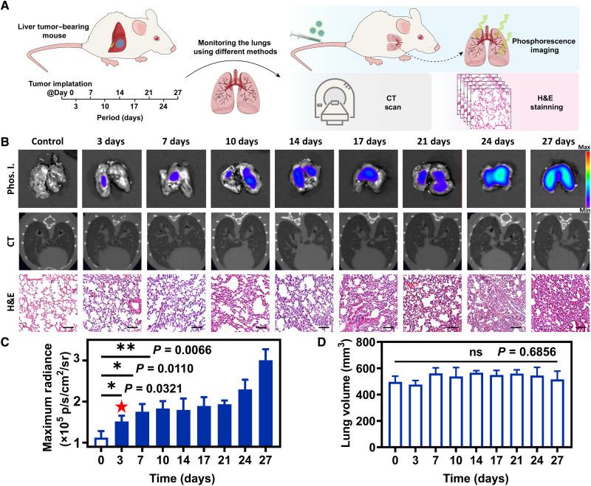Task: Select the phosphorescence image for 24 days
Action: (496, 173)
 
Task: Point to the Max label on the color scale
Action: (581, 146)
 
